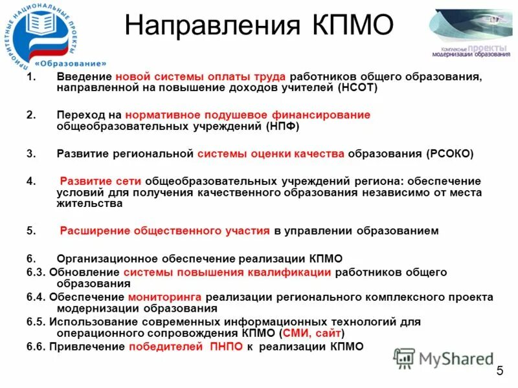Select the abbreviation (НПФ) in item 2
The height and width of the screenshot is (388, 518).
tap(282, 127)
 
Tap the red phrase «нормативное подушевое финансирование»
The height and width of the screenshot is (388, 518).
tap(248, 115)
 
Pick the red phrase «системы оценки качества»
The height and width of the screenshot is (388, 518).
tap(271, 154)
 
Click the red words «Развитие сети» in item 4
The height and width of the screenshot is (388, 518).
tap(100, 180)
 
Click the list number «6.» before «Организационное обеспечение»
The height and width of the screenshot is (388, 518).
tap(31, 258)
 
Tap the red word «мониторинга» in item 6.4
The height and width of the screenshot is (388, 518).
tap(165, 297)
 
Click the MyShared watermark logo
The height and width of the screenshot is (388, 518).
tap(444, 358)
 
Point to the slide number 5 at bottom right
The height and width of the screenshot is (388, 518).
tap(499, 371)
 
